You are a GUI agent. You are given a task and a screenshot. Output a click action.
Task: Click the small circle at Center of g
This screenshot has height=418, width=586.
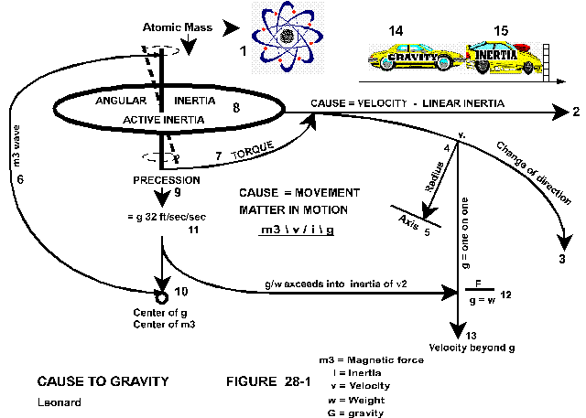coord(161,297)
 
